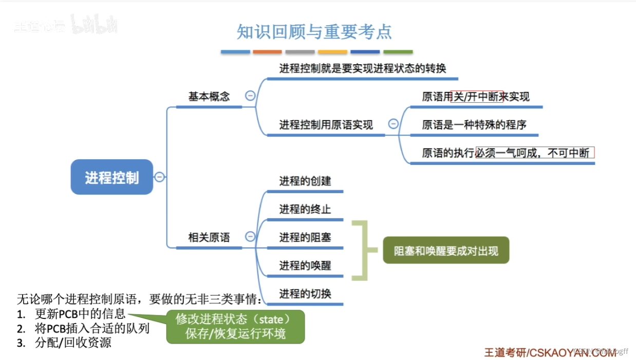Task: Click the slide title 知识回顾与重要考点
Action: [314, 32]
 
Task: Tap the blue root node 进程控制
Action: [112, 177]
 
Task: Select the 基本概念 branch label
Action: [209, 97]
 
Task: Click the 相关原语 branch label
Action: [209, 237]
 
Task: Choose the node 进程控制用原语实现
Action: [326, 124]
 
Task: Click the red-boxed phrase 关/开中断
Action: [476, 97]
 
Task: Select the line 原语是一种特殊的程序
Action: [474, 124]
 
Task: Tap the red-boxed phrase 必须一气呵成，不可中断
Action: [534, 153]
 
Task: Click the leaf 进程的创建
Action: [305, 181]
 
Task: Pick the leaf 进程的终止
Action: [305, 209]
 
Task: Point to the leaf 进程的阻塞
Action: [305, 237]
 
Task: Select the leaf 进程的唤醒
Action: [305, 266]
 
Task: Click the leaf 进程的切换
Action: [305, 294]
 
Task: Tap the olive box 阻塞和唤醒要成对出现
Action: [445, 251]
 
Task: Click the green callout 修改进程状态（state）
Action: [236, 319]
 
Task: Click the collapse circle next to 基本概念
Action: [250, 96]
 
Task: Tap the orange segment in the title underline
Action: [267, 52]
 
